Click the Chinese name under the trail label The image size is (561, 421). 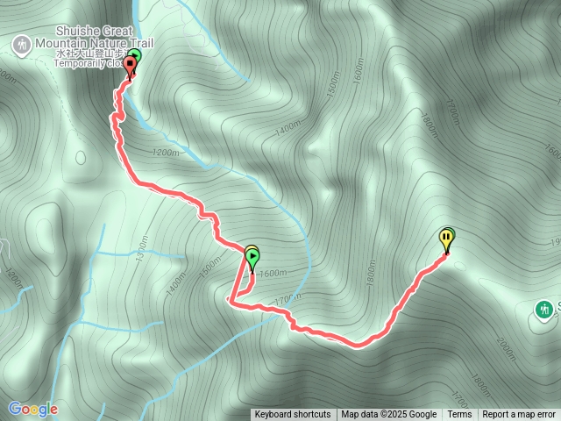[x=88, y=53]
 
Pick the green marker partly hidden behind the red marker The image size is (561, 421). [x=134, y=57]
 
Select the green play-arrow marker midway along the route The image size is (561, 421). [x=252, y=258]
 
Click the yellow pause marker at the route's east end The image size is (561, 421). [x=447, y=237]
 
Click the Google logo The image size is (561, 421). [x=32, y=409]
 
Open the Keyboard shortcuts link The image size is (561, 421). [x=293, y=415]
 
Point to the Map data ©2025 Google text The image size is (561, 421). [x=388, y=415]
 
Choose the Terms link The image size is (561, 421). [x=459, y=415]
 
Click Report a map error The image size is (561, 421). [x=521, y=415]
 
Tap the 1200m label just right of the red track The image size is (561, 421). [x=165, y=153]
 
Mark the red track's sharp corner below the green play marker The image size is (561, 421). [x=230, y=299]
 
